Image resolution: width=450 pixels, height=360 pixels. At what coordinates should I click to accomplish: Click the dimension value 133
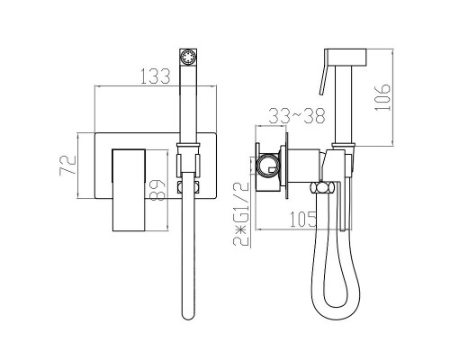click(x=156, y=76)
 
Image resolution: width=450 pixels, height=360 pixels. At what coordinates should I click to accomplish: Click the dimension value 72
click(x=68, y=165)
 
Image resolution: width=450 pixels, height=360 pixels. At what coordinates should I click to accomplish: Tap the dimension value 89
click(x=157, y=190)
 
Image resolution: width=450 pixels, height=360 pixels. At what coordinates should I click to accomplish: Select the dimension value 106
click(x=382, y=97)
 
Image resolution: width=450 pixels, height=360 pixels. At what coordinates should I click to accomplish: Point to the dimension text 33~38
click(x=297, y=116)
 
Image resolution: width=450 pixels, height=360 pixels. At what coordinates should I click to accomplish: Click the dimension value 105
click(x=303, y=219)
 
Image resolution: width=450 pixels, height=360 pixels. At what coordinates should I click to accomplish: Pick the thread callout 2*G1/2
click(x=241, y=214)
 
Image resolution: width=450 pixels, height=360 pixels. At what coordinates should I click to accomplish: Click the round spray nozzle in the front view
click(x=188, y=57)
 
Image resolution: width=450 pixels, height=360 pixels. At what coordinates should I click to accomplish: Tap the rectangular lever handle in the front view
click(x=129, y=190)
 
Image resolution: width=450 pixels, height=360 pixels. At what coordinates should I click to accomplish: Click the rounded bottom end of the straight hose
click(x=188, y=316)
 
